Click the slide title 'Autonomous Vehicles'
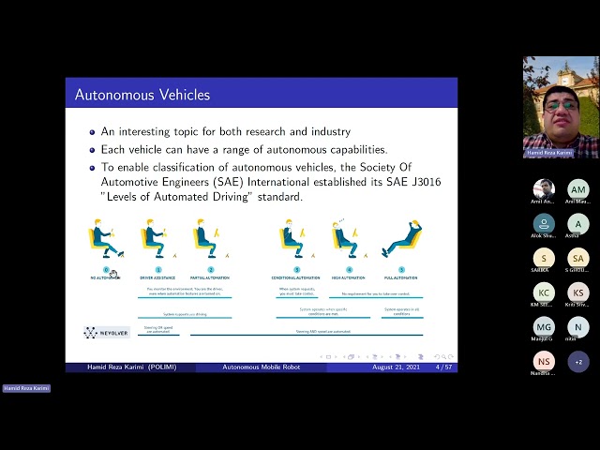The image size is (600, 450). click(142, 95)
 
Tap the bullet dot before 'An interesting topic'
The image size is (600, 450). click(92, 133)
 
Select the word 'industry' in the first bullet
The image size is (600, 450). click(324, 132)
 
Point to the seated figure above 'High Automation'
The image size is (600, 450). click(345, 238)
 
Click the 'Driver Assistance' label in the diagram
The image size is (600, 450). click(157, 278)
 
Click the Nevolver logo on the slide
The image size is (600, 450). click(106, 332)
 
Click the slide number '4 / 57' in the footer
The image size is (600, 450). click(444, 367)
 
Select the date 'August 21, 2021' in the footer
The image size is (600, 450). click(397, 367)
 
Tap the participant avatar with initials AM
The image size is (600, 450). click(578, 189)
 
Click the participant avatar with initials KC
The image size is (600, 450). click(544, 292)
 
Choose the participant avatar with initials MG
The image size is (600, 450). click(544, 326)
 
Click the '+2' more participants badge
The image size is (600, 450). click(578, 361)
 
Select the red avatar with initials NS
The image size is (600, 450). click(544, 361)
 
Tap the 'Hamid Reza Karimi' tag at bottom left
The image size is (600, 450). click(26, 388)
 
